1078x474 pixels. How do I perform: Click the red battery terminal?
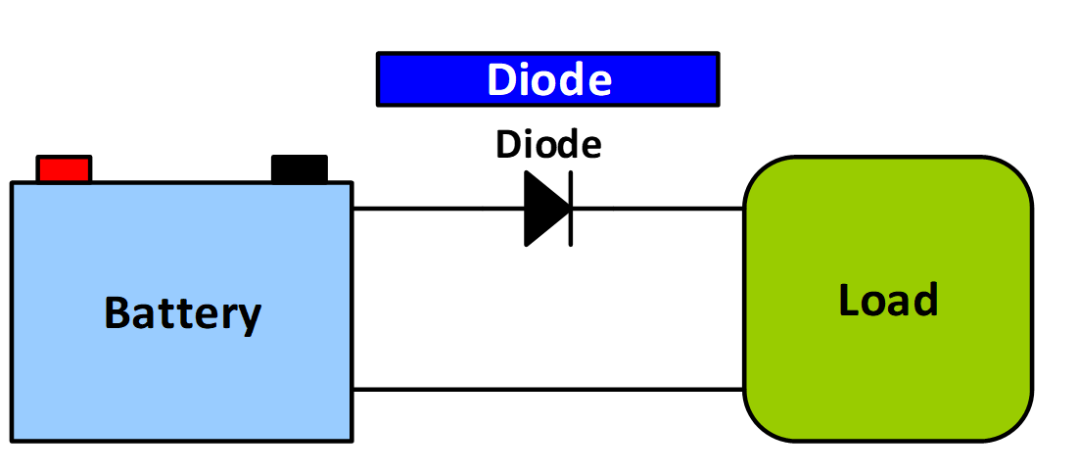(x=64, y=168)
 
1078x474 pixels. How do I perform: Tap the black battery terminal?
(x=299, y=168)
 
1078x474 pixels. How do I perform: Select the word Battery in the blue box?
(x=183, y=313)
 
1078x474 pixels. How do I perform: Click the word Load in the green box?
(x=888, y=300)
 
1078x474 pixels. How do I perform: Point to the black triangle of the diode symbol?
(x=543, y=209)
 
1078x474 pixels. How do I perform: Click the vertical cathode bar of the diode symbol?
(x=570, y=209)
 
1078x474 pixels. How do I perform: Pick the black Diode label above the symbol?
(x=548, y=145)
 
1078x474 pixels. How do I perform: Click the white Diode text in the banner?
(x=548, y=79)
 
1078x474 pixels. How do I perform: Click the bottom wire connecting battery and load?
(x=547, y=390)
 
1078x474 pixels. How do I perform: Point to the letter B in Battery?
(x=116, y=313)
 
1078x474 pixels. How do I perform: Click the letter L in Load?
(x=848, y=300)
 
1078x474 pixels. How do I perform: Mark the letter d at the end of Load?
(x=926, y=300)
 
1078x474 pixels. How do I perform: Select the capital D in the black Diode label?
(x=506, y=145)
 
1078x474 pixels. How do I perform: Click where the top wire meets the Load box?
(x=744, y=209)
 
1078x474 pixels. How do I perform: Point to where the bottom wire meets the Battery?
(x=352, y=390)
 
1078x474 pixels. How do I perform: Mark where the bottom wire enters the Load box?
(x=744, y=390)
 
